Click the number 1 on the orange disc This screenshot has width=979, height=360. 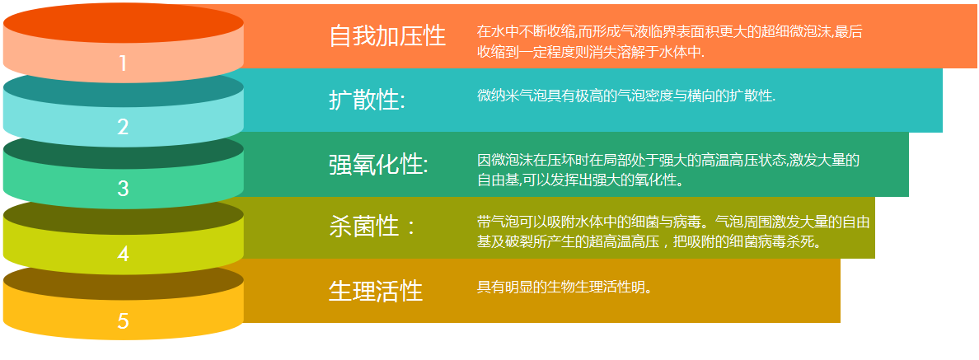[x=123, y=63]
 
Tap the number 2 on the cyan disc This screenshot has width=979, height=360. [x=123, y=127]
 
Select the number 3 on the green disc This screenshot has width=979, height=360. [x=123, y=189]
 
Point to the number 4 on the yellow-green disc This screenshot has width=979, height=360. [x=123, y=254]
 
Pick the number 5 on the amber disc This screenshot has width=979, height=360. [x=123, y=320]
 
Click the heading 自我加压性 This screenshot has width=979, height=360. [x=387, y=36]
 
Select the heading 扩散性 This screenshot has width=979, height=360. [x=368, y=100]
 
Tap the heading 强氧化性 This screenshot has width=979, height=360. [x=378, y=166]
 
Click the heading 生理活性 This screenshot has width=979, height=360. [x=376, y=291]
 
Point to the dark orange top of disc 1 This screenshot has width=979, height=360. [x=123, y=22]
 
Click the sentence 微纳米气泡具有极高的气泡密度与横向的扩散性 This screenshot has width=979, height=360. [x=626, y=96]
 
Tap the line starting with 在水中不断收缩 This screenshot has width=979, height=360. [x=669, y=32]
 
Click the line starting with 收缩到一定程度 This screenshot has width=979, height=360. [x=591, y=52]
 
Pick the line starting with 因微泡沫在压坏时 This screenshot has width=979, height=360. [x=668, y=161]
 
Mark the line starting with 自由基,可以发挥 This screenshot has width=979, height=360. [x=580, y=180]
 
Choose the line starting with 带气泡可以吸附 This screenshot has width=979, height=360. [x=673, y=221]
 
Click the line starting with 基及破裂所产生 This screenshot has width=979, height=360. [x=650, y=241]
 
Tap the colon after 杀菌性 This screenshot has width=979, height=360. [x=410, y=227]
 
